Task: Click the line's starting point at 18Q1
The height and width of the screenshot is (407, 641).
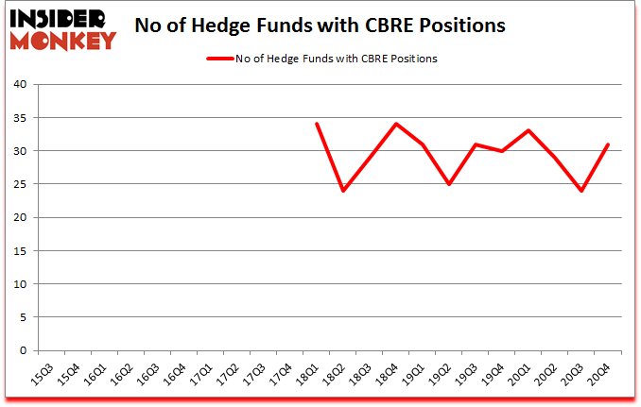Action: [317, 124]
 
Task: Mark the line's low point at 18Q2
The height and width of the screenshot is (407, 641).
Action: [343, 191]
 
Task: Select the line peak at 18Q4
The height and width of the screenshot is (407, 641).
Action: [396, 124]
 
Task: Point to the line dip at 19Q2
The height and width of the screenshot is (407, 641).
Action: [449, 184]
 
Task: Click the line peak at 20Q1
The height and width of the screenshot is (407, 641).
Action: [528, 130]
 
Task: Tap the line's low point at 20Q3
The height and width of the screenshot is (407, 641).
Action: [581, 191]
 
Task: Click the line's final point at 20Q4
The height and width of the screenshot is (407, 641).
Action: [608, 144]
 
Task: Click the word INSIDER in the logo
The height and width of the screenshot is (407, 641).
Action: [60, 17]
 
